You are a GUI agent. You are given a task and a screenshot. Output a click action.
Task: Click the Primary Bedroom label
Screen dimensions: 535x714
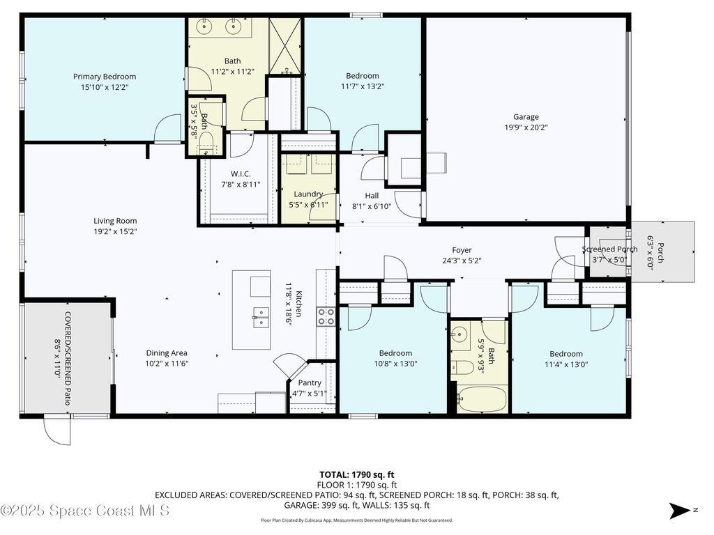pyautogui.click(x=105, y=77)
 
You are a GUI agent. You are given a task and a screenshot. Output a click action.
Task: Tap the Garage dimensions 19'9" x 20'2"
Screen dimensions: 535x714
pyautogui.click(x=526, y=127)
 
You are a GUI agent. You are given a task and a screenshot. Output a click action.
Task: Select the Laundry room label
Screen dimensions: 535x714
pyautogui.click(x=308, y=194)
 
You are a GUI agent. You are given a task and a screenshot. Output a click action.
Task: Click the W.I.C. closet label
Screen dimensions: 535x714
pyautogui.click(x=241, y=173)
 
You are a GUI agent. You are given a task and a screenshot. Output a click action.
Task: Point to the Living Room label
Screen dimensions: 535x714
pyautogui.click(x=116, y=221)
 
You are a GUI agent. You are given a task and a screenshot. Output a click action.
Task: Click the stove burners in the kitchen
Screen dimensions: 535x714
pyautogui.click(x=326, y=316)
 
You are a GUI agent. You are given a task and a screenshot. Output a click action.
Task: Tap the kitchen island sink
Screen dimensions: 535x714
pyautogui.click(x=261, y=318)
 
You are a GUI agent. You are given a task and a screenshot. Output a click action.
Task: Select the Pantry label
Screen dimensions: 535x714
pyautogui.click(x=310, y=383)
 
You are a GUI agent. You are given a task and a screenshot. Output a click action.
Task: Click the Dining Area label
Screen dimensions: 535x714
pyautogui.click(x=167, y=353)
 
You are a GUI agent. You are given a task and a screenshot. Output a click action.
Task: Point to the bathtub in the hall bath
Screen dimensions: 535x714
pyautogui.click(x=483, y=399)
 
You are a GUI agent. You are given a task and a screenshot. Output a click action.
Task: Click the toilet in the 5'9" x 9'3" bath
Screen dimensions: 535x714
pyautogui.click(x=462, y=367)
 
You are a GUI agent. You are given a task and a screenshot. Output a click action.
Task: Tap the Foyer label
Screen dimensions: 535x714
pyautogui.click(x=462, y=250)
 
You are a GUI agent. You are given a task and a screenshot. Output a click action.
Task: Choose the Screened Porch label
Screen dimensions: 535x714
pyautogui.click(x=609, y=249)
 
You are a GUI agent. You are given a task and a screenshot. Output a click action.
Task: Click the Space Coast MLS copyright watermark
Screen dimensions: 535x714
pyautogui.click(x=85, y=511)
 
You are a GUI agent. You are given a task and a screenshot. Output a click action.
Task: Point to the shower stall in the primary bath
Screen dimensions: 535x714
pyautogui.click(x=285, y=46)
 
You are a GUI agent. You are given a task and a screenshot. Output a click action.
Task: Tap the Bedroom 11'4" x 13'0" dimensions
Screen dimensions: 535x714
pyautogui.click(x=566, y=364)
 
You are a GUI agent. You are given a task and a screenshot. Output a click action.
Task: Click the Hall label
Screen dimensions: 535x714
pyautogui.click(x=372, y=196)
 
